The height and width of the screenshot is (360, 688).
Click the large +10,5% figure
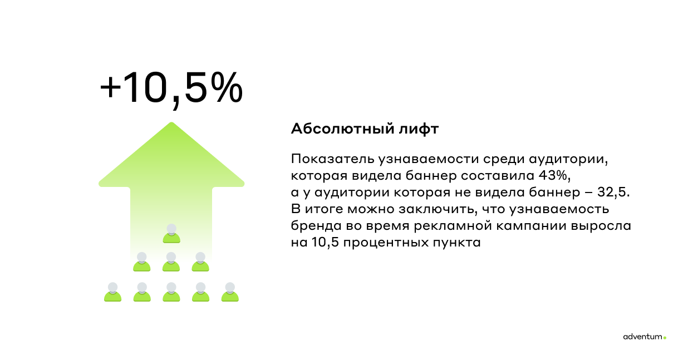pyautogui.click(x=171, y=89)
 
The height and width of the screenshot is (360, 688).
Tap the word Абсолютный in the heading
pyautogui.click(x=342, y=129)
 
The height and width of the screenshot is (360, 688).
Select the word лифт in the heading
pyautogui.click(x=419, y=129)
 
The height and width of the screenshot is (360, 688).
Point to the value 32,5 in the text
pyautogui.click(x=611, y=192)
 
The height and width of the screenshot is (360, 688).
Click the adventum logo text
pyautogui.click(x=642, y=337)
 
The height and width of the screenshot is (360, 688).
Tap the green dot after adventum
pyautogui.click(x=665, y=338)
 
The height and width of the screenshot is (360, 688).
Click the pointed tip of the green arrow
pyautogui.click(x=171, y=123)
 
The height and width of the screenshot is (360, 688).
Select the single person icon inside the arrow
pyautogui.click(x=171, y=234)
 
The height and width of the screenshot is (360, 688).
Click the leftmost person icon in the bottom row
pyautogui.click(x=113, y=292)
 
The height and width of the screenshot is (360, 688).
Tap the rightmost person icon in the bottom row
pyautogui.click(x=230, y=292)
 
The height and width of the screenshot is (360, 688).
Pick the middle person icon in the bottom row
pyautogui.click(x=171, y=292)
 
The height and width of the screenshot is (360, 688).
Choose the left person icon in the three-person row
pyautogui.click(x=141, y=262)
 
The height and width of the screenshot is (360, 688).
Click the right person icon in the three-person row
pyautogui.click(x=200, y=262)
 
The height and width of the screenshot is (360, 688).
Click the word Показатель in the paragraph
pyautogui.click(x=332, y=159)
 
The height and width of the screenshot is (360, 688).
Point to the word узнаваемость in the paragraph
pyautogui.click(x=559, y=209)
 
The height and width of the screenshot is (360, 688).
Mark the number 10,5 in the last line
pyautogui.click(x=325, y=243)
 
